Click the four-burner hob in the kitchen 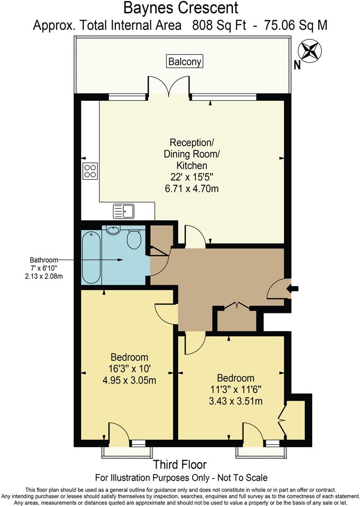pos(90,171)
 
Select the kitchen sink pos(123,211)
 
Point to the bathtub pos(91,257)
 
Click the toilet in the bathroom pos(134,239)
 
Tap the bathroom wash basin pos(113,229)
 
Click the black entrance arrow pos(297,289)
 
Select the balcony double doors pos(169,87)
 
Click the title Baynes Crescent pos(180,8)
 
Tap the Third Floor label pos(180,465)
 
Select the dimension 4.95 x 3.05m pos(129,380)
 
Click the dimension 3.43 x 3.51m pos(235,401)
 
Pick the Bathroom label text pos(44,260)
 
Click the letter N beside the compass pos(297,66)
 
